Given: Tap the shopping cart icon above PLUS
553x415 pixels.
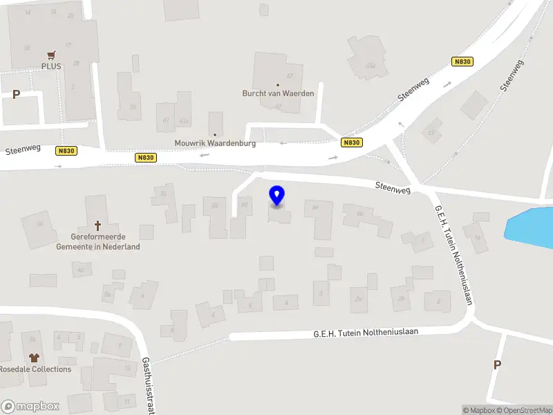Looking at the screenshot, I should coord(51,55).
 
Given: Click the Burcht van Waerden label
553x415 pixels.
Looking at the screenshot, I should coord(278,93).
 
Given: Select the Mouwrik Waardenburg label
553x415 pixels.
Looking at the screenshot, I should coord(214,143).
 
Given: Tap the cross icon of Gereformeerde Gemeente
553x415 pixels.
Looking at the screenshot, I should coord(97,225).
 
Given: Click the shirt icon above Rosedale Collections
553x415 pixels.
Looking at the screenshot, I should coord(35,358).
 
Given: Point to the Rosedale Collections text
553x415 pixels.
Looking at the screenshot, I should coord(36,369).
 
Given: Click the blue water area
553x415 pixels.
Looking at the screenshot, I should coord(532,225).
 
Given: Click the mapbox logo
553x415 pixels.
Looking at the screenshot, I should coord(30,407).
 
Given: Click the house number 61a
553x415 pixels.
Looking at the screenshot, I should coord(184,120).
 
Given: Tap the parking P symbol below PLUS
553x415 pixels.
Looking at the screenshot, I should coord(16,94).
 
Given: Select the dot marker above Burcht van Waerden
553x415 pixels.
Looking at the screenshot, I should coord(278,85).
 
